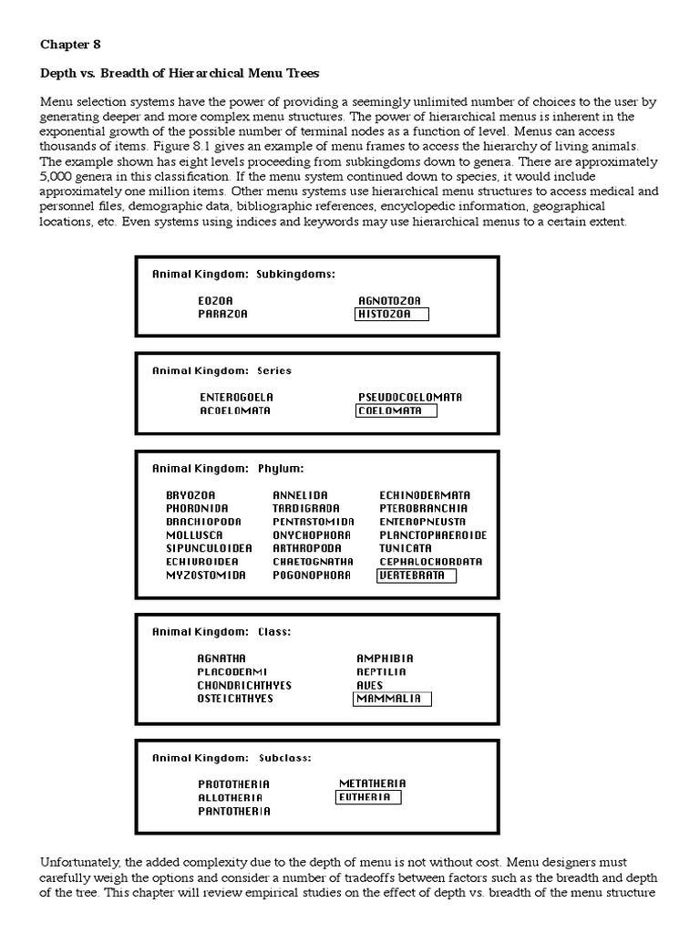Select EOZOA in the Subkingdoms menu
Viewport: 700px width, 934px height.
tap(215, 300)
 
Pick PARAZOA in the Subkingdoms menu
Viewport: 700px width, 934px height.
tap(222, 314)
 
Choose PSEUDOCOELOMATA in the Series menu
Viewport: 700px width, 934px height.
tap(410, 397)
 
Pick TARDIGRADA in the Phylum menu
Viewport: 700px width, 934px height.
tap(306, 508)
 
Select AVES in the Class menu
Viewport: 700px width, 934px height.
tap(370, 685)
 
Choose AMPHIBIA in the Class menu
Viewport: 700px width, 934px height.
tap(385, 658)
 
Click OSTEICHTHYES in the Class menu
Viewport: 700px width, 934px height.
tap(235, 699)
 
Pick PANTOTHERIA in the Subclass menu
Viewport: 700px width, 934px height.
tap(234, 811)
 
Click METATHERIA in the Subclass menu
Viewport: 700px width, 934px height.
tap(373, 784)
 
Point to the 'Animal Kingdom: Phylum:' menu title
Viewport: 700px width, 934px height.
tap(228, 468)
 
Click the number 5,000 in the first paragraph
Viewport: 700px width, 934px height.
tap(57, 176)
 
